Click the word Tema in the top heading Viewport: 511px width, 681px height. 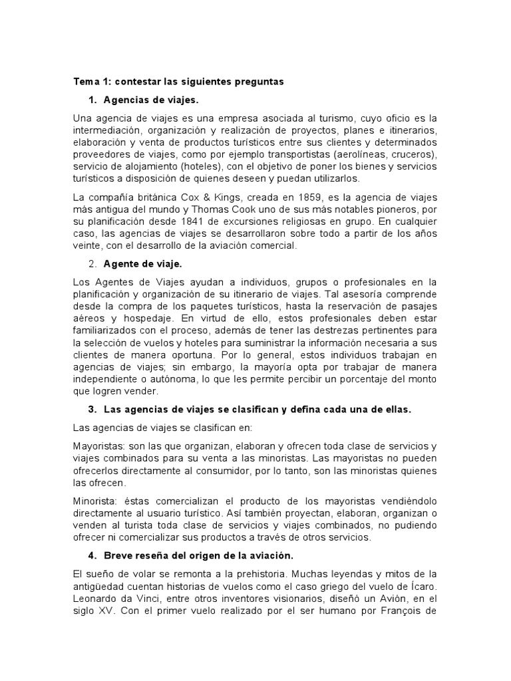85,82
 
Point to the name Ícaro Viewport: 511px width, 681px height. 422,585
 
